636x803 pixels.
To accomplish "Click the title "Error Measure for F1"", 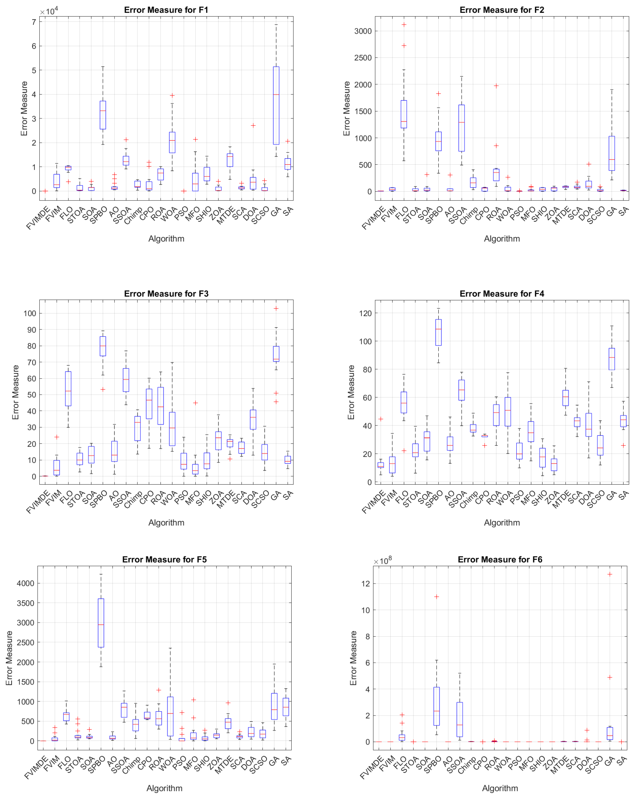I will coord(166,10).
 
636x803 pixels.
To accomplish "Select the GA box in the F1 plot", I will coord(276,105).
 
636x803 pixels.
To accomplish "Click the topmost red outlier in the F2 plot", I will coord(404,25).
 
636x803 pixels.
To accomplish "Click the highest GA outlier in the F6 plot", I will coord(610,574).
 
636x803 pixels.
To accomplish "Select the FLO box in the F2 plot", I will coord(404,114).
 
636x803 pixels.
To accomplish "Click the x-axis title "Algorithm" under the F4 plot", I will coord(502,523).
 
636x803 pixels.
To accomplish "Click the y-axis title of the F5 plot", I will coord(9,658).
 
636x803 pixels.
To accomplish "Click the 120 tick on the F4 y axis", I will coord(366,314).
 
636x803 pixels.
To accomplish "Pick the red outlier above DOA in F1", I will coord(253,126).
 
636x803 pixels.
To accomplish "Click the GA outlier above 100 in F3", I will coord(276,308).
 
